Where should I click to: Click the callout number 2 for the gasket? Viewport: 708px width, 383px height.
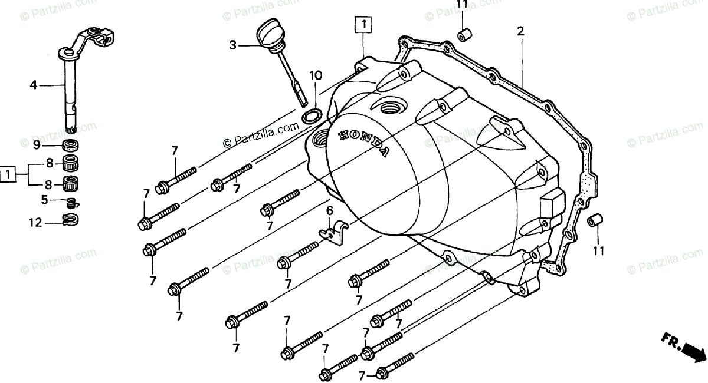click(x=520, y=31)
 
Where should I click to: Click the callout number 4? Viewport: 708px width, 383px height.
click(x=34, y=85)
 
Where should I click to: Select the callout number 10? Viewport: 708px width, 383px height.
click(x=316, y=75)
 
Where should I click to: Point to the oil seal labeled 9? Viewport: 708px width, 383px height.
click(x=71, y=146)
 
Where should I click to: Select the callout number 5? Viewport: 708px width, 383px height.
click(x=44, y=200)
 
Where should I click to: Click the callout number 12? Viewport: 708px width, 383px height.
click(x=35, y=222)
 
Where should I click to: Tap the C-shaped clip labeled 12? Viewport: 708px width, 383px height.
click(x=71, y=222)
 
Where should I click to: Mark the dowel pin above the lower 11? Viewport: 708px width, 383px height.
click(x=594, y=220)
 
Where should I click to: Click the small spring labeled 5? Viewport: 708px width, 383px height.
click(x=72, y=203)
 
